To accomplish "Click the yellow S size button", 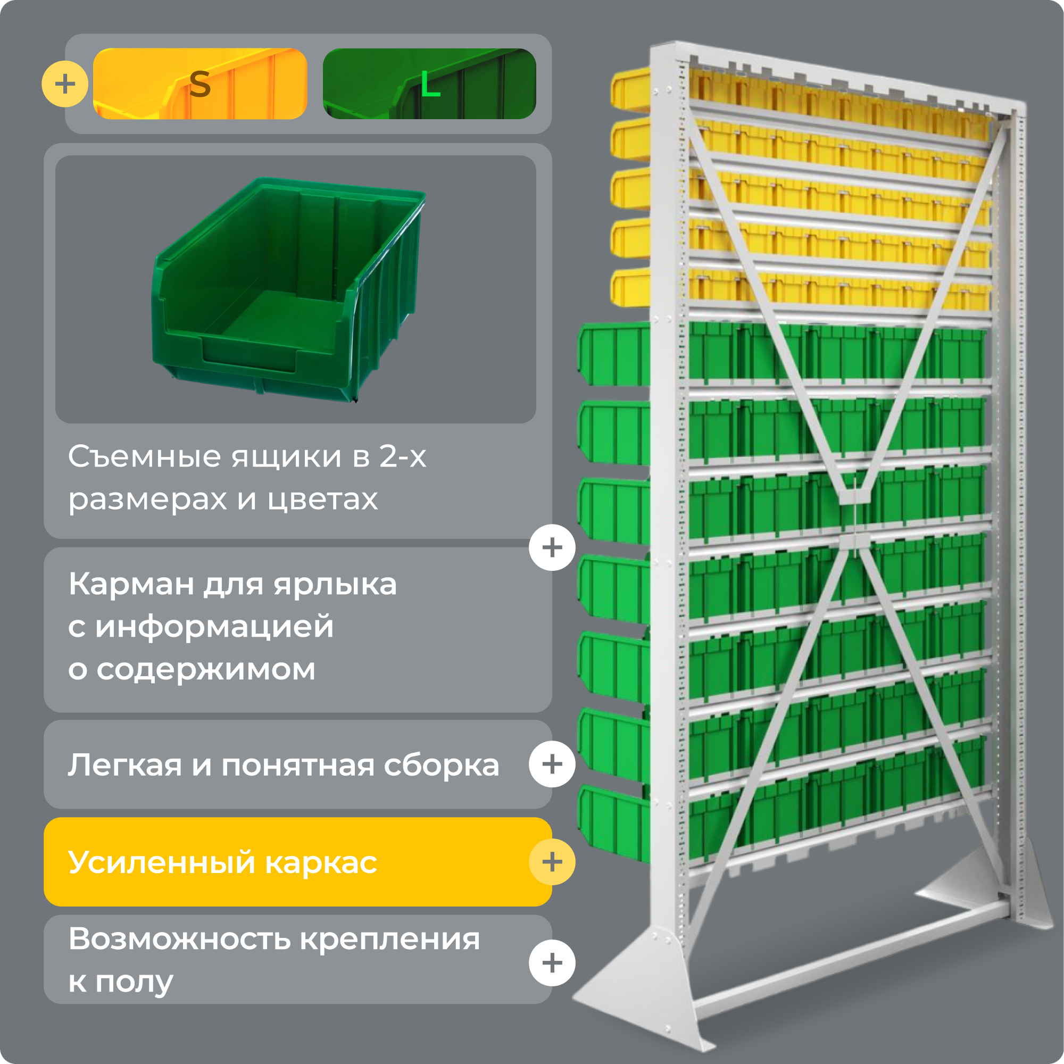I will [199, 84].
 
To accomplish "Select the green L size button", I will [429, 84].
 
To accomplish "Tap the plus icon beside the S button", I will [65, 84].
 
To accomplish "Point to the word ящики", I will [286, 457].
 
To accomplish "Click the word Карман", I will [131, 584].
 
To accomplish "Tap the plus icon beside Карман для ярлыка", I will [552, 547].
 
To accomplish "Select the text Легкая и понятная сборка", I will [283, 765].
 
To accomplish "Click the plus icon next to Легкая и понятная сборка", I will [552, 764].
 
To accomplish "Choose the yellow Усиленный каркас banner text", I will [222, 862].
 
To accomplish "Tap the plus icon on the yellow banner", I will [552, 862].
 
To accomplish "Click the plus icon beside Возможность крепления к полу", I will [552, 963].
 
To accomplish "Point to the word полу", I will [135, 982].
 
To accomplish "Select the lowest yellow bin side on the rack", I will [631, 287].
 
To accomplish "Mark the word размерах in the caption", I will [147, 500].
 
